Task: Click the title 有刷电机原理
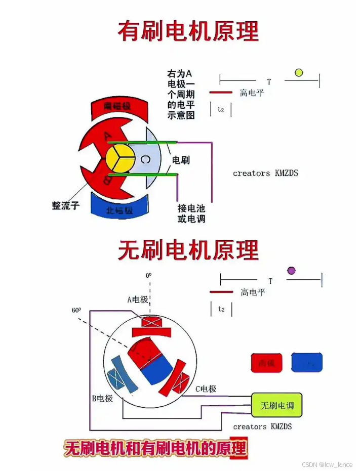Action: click(x=188, y=31)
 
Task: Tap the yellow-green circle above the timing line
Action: click(x=299, y=73)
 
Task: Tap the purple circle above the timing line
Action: click(x=291, y=271)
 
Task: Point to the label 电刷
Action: click(x=181, y=160)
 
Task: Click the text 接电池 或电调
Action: click(x=191, y=213)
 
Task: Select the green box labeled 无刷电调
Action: click(x=276, y=405)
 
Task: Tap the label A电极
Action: click(x=137, y=299)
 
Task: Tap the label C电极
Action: click(x=206, y=389)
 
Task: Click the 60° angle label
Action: click(x=76, y=310)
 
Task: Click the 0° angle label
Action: click(x=148, y=276)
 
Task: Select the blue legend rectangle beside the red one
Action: click(x=307, y=363)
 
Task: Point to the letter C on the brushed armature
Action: click(x=145, y=160)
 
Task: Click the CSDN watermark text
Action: click(x=327, y=464)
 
